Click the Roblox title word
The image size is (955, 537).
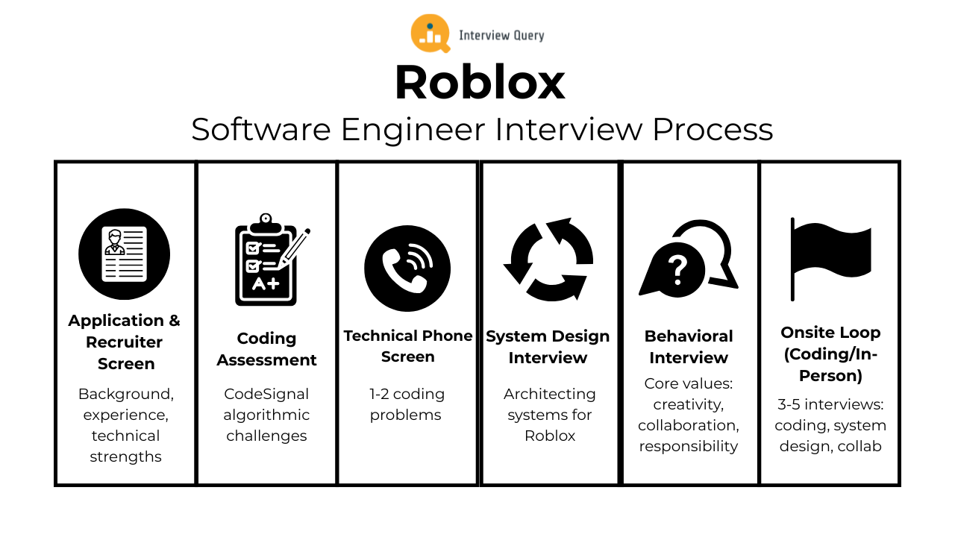(x=480, y=82)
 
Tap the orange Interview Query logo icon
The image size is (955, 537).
(x=430, y=34)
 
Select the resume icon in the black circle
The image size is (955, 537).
(x=125, y=254)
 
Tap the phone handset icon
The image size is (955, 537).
(x=407, y=268)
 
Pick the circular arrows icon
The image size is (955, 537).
(x=548, y=260)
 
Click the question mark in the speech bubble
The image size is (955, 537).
(x=677, y=269)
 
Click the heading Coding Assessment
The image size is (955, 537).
(x=266, y=349)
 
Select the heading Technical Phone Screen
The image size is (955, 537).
(x=407, y=346)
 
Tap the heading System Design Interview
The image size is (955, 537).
(x=548, y=347)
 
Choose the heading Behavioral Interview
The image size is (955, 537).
(x=689, y=347)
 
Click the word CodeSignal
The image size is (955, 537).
(x=266, y=394)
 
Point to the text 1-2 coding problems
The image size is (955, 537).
(x=407, y=404)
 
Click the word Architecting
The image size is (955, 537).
(x=549, y=394)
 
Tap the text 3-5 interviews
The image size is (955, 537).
(x=829, y=404)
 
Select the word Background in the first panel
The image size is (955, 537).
(x=125, y=394)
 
